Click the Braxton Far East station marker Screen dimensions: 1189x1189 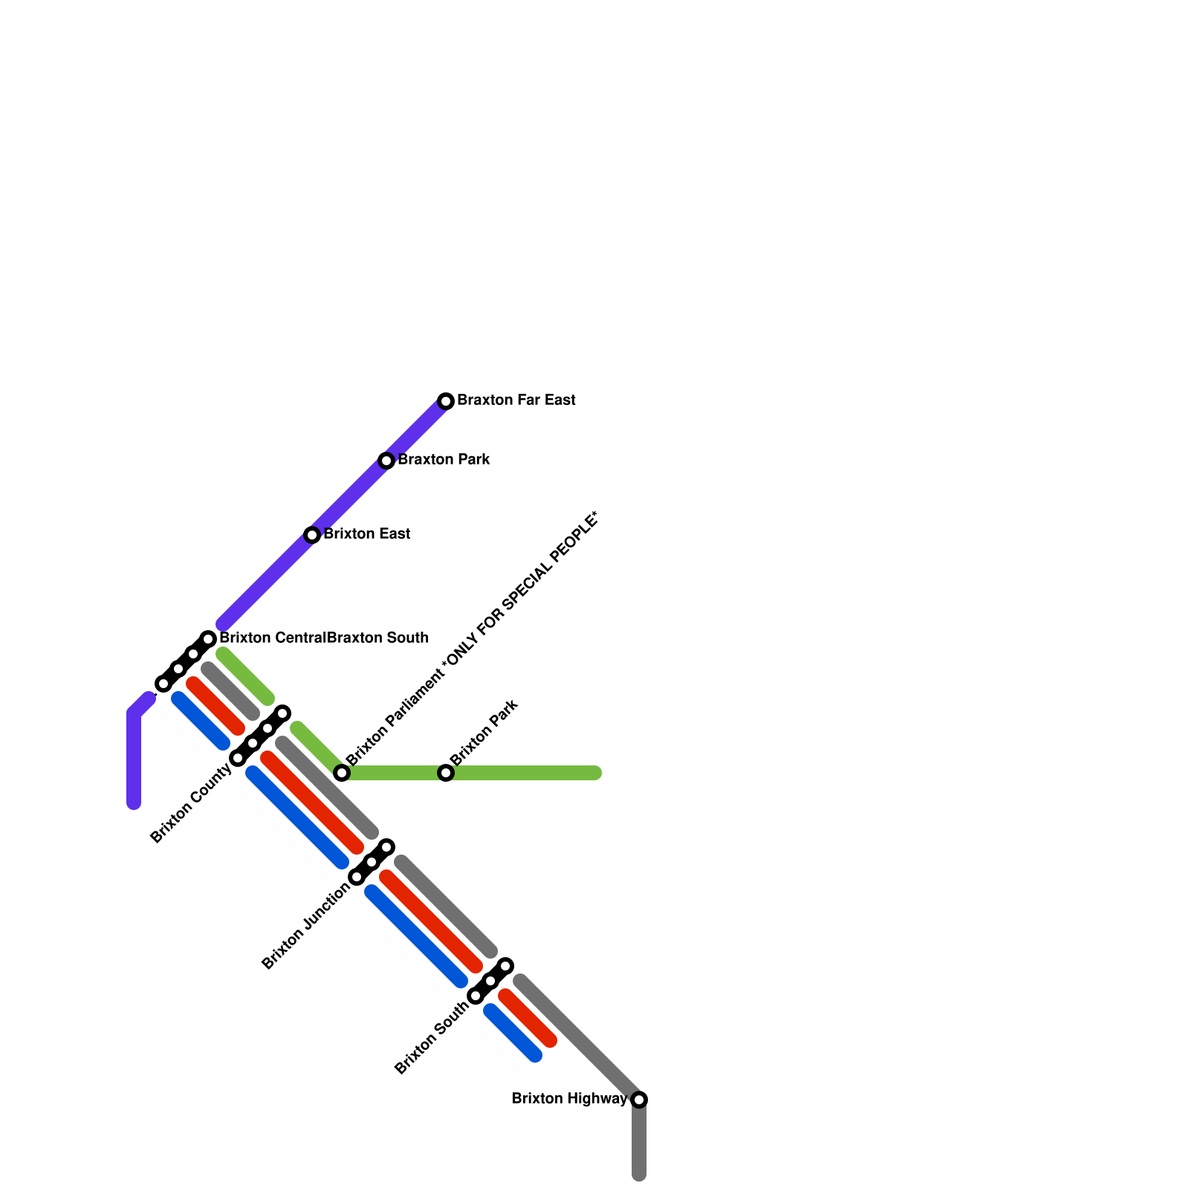tap(446, 401)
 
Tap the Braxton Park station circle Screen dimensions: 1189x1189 tap(386, 461)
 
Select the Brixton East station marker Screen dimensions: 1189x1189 tap(312, 535)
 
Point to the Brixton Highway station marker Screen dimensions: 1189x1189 tap(639, 1100)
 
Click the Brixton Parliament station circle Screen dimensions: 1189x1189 tap(342, 773)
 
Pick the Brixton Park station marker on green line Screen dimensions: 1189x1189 tap(446, 773)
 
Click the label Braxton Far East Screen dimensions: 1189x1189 tap(516, 401)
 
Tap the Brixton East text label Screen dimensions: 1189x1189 tap(366, 534)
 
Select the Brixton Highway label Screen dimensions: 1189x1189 tap(569, 1099)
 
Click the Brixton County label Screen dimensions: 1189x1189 tap(191, 804)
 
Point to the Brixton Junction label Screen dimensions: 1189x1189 tap(305, 926)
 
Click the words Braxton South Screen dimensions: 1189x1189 tap(378, 638)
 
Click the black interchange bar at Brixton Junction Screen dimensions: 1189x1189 tap(372, 862)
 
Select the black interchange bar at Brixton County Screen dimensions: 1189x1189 tap(260, 736)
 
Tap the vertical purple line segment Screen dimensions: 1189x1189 tap(134, 758)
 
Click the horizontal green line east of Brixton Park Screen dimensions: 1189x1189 tap(528, 773)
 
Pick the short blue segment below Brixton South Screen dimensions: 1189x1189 tap(513, 1033)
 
